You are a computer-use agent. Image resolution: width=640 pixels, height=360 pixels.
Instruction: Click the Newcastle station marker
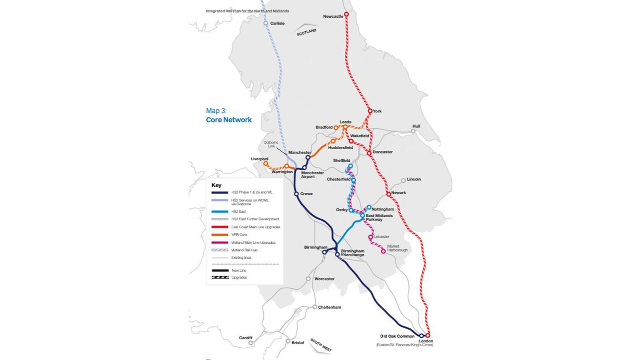pos(346,14)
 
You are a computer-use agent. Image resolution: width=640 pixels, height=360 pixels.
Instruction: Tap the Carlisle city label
pos(277,23)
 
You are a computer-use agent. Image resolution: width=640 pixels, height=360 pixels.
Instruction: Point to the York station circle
pos(370,111)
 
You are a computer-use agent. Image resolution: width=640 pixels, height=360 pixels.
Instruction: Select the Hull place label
pos(416,126)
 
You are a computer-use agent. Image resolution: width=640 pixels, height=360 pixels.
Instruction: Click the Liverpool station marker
pos(265,164)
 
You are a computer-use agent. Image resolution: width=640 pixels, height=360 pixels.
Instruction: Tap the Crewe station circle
pos(296,194)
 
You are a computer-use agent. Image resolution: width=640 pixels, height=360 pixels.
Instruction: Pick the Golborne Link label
pos(271,144)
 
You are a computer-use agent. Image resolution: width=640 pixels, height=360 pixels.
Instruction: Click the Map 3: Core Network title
pos(228,115)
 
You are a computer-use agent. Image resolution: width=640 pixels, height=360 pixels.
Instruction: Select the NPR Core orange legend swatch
pos(220,234)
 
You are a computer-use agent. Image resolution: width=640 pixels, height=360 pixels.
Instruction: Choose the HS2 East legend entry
pos(238,211)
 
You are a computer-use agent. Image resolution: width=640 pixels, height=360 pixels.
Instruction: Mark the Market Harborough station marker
pos(383,251)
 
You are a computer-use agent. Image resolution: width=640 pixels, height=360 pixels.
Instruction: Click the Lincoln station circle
pos(403,180)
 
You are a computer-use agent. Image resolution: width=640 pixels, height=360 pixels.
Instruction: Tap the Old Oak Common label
pos(397,336)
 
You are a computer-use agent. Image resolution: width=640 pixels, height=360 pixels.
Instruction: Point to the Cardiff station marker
pos(251,343)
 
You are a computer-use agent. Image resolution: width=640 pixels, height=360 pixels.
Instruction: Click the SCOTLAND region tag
pos(306,32)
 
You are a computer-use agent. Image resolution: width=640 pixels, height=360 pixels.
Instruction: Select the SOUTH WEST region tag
pos(321,345)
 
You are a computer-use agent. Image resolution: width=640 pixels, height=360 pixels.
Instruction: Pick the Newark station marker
pos(388,194)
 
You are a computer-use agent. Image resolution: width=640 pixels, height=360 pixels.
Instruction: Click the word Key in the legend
pos(216,185)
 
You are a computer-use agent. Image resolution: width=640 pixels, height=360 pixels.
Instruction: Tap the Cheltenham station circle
pos(315,307)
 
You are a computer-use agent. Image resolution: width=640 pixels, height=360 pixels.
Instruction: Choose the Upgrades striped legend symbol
pos(220,277)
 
